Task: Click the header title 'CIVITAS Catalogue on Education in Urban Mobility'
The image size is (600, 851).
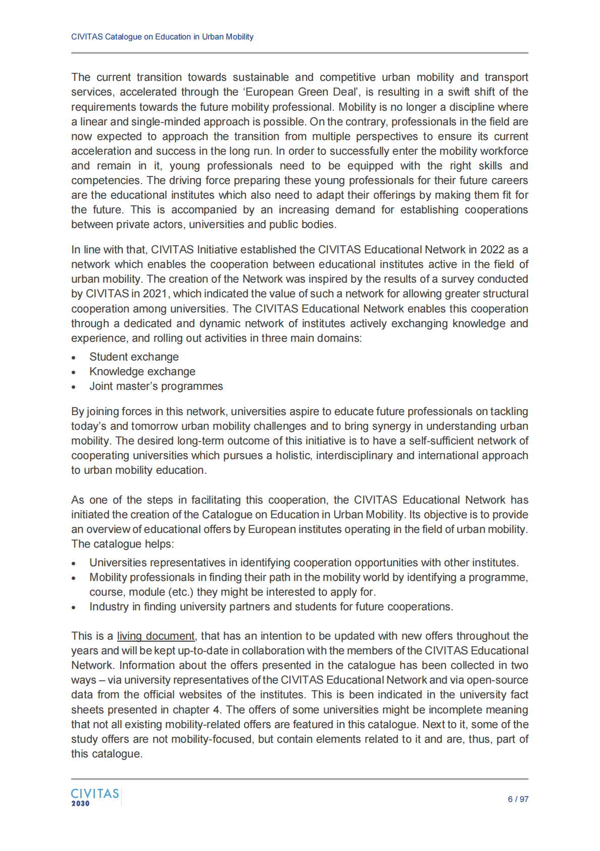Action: pyautogui.click(x=162, y=37)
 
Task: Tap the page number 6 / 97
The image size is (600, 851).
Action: pyautogui.click(x=518, y=799)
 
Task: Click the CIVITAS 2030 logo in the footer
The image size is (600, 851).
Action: pyautogui.click(x=95, y=797)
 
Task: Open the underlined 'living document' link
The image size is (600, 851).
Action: pyautogui.click(x=156, y=636)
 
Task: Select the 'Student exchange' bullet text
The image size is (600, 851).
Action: pyautogui.click(x=134, y=357)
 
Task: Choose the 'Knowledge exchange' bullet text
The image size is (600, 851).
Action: pyautogui.click(x=142, y=372)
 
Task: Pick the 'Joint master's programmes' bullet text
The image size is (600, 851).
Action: pyautogui.click(x=156, y=386)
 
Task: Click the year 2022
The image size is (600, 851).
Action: pyautogui.click(x=492, y=250)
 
